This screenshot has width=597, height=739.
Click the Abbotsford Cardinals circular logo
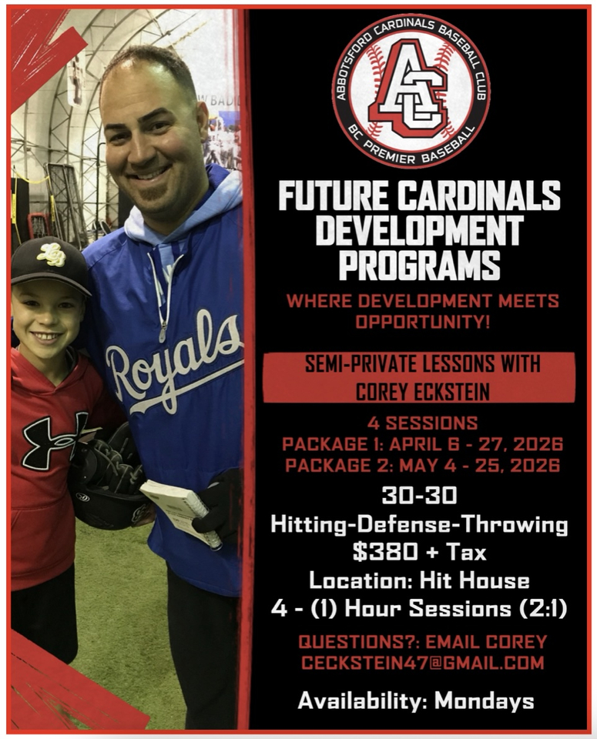click(x=411, y=89)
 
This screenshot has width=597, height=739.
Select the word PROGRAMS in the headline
click(x=419, y=265)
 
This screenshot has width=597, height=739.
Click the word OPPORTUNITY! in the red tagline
click(x=422, y=322)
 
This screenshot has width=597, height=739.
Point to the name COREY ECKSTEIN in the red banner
click(x=422, y=391)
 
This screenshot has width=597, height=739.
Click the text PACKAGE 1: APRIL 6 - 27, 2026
click(x=422, y=444)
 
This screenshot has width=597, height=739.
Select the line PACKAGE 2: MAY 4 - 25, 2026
click(x=422, y=466)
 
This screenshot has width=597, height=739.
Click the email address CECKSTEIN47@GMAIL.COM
click(x=422, y=663)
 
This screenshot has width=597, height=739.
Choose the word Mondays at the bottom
click(x=485, y=701)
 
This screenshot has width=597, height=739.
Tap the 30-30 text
click(x=419, y=495)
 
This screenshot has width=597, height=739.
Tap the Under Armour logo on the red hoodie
click(x=55, y=440)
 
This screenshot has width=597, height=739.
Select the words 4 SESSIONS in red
click(x=422, y=423)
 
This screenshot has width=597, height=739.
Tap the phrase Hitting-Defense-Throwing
click(x=419, y=525)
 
